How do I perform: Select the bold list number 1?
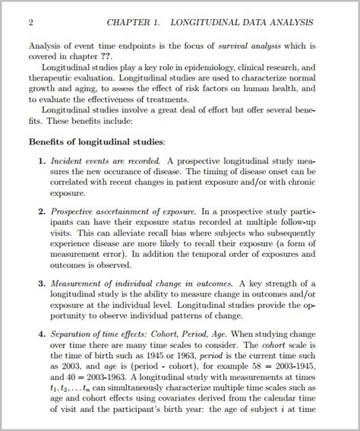(x=41, y=161)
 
